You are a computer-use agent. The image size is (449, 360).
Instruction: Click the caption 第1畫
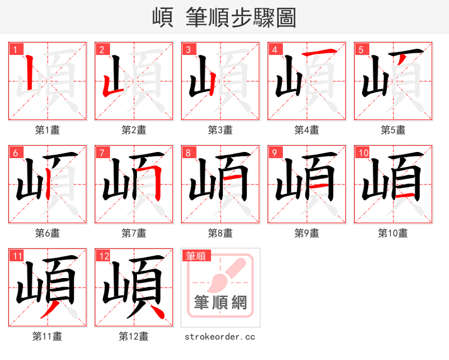tap(48, 130)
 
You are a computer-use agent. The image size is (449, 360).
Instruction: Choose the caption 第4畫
tap(307, 130)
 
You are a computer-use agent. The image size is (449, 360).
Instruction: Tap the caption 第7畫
tap(134, 233)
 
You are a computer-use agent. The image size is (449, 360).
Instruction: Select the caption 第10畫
tap(393, 233)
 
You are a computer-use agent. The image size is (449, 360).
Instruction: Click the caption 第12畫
tap(134, 336)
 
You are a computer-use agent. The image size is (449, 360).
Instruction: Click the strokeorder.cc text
tap(220, 336)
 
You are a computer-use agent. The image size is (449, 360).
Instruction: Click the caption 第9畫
tap(307, 233)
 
